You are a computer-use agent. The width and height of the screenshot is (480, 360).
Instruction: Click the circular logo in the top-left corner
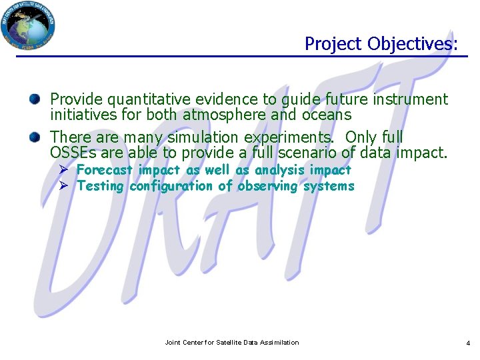tap(28, 25)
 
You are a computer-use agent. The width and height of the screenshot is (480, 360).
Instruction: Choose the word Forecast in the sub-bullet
tap(105, 170)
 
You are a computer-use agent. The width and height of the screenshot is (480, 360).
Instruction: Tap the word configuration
tap(171, 186)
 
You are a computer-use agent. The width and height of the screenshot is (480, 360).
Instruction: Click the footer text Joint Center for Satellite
tap(231, 343)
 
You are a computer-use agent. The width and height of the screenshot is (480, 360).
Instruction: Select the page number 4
tap(467, 343)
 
